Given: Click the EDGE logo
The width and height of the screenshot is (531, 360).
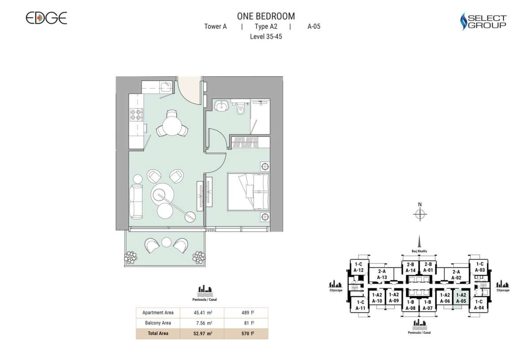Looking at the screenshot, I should (x=46, y=18).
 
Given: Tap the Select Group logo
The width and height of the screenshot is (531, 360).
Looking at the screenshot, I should (x=483, y=21).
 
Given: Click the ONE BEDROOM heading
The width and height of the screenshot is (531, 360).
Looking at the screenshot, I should (x=266, y=16).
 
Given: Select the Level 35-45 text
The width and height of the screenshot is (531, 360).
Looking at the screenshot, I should (x=266, y=37).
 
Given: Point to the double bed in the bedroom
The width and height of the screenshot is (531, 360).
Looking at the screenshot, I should (x=248, y=192).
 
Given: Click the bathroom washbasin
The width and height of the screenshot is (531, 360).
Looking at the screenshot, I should (x=221, y=106).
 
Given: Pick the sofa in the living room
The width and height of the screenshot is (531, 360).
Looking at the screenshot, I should (x=136, y=201).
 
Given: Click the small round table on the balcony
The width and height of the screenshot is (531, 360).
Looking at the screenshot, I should (x=166, y=242).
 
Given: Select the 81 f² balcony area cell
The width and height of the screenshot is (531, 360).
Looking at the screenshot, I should (x=246, y=323).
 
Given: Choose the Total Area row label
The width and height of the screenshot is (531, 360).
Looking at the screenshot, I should (x=158, y=333).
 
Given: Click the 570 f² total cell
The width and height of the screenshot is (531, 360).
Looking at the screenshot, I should (x=246, y=333).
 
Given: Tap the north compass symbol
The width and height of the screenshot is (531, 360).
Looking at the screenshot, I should (x=420, y=215).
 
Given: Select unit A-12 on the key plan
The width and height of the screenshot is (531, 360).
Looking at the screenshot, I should (x=358, y=267).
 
